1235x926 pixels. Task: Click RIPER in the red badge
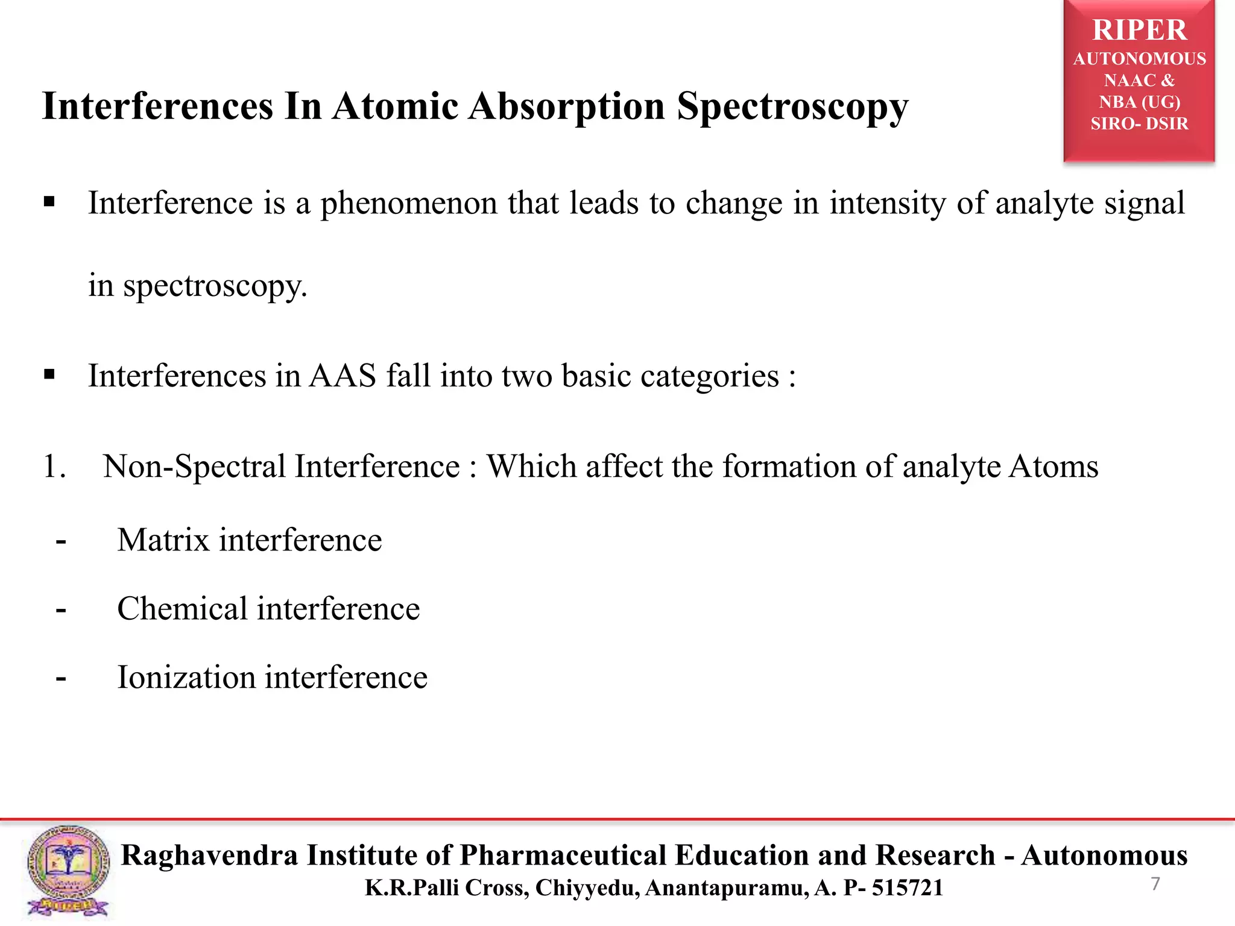click(x=1139, y=30)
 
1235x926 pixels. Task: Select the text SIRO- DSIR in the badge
click(x=1139, y=124)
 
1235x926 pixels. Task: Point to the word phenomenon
click(x=408, y=204)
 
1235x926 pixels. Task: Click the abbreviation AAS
click(x=342, y=376)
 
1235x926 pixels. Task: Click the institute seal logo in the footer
click(x=68, y=871)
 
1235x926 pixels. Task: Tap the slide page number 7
click(x=1155, y=884)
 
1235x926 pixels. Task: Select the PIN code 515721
click(x=907, y=888)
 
